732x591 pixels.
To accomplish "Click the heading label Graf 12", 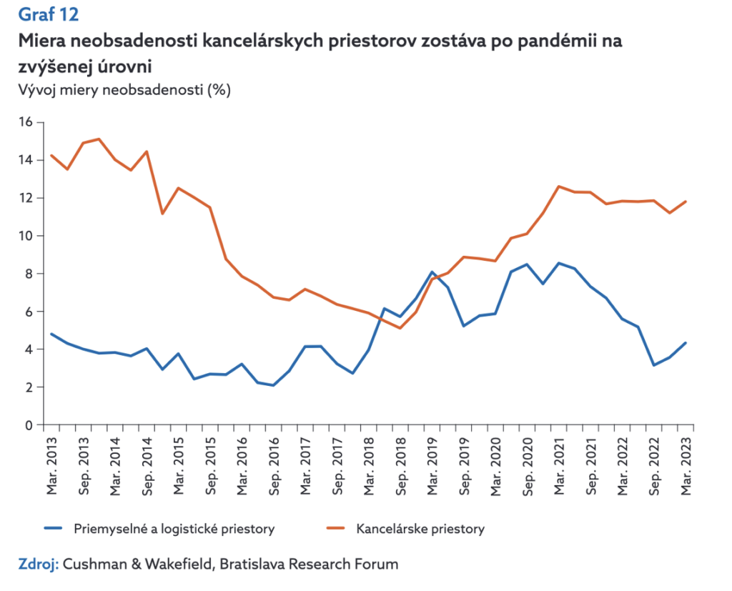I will click(48, 14).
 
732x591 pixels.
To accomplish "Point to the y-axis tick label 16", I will click(26, 122).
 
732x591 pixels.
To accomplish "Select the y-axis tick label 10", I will click(26, 236).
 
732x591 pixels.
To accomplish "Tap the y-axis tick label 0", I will click(30, 425).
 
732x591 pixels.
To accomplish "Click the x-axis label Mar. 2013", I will click(51, 465).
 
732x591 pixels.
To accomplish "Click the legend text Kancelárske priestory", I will click(420, 530).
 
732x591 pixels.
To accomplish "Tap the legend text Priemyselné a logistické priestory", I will click(174, 530).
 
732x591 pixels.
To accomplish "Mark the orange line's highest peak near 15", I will click(99, 139).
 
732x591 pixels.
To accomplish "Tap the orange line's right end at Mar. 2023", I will click(686, 202).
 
